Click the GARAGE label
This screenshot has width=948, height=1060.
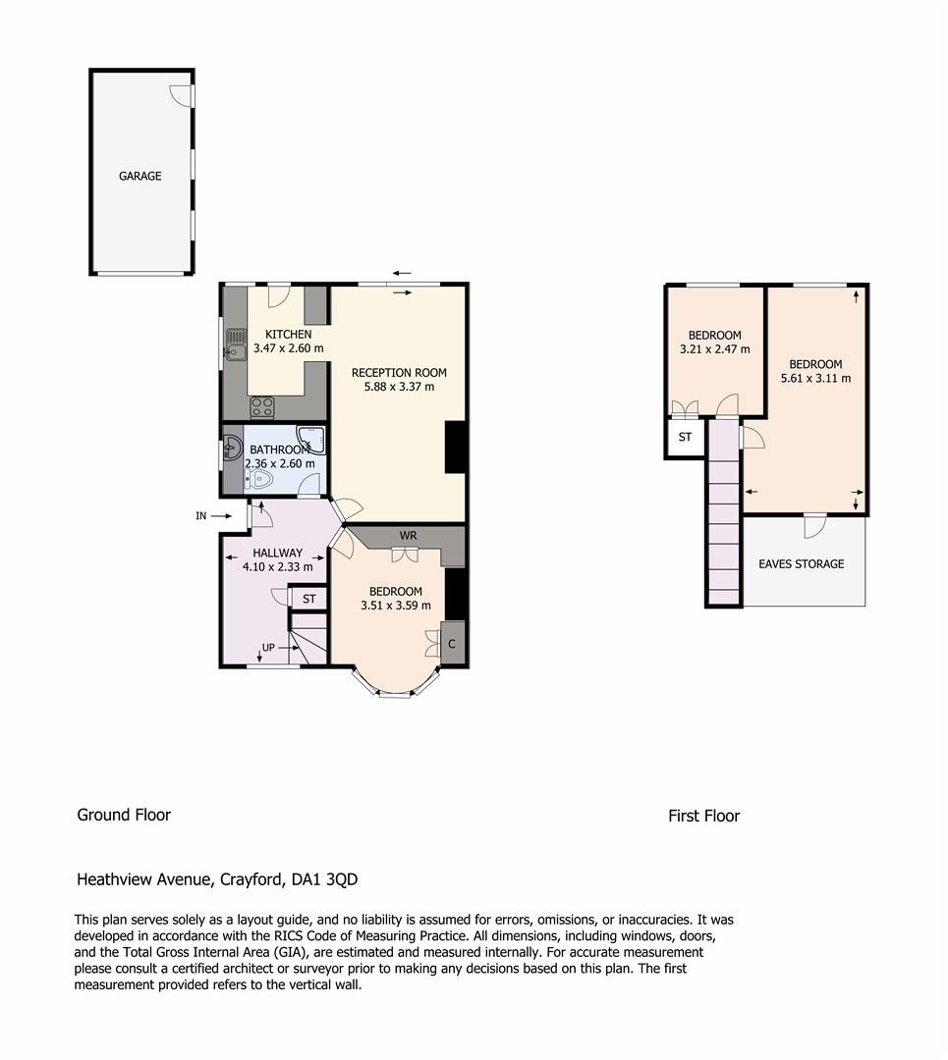[140, 176]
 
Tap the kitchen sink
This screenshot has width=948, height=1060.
[236, 344]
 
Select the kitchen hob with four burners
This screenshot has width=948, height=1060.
[262, 407]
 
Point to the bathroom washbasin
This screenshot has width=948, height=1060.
[233, 448]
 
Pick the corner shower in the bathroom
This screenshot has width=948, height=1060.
[310, 440]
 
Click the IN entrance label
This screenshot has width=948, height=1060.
[201, 516]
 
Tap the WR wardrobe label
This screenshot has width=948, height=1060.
[408, 536]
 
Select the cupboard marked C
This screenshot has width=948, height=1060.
[452, 644]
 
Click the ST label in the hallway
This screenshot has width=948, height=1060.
[309, 599]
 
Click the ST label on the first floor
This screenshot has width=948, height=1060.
[685, 438]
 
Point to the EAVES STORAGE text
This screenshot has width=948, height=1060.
[802, 563]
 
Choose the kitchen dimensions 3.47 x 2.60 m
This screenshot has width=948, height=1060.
[288, 348]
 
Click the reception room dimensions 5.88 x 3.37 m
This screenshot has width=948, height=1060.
[399, 387]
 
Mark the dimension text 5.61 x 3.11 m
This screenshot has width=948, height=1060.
[816, 379]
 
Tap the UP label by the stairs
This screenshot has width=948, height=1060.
[268, 648]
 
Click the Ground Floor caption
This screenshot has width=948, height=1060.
[124, 815]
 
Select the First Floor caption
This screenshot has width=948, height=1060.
[703, 816]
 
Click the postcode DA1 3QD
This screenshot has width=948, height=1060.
[324, 879]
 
